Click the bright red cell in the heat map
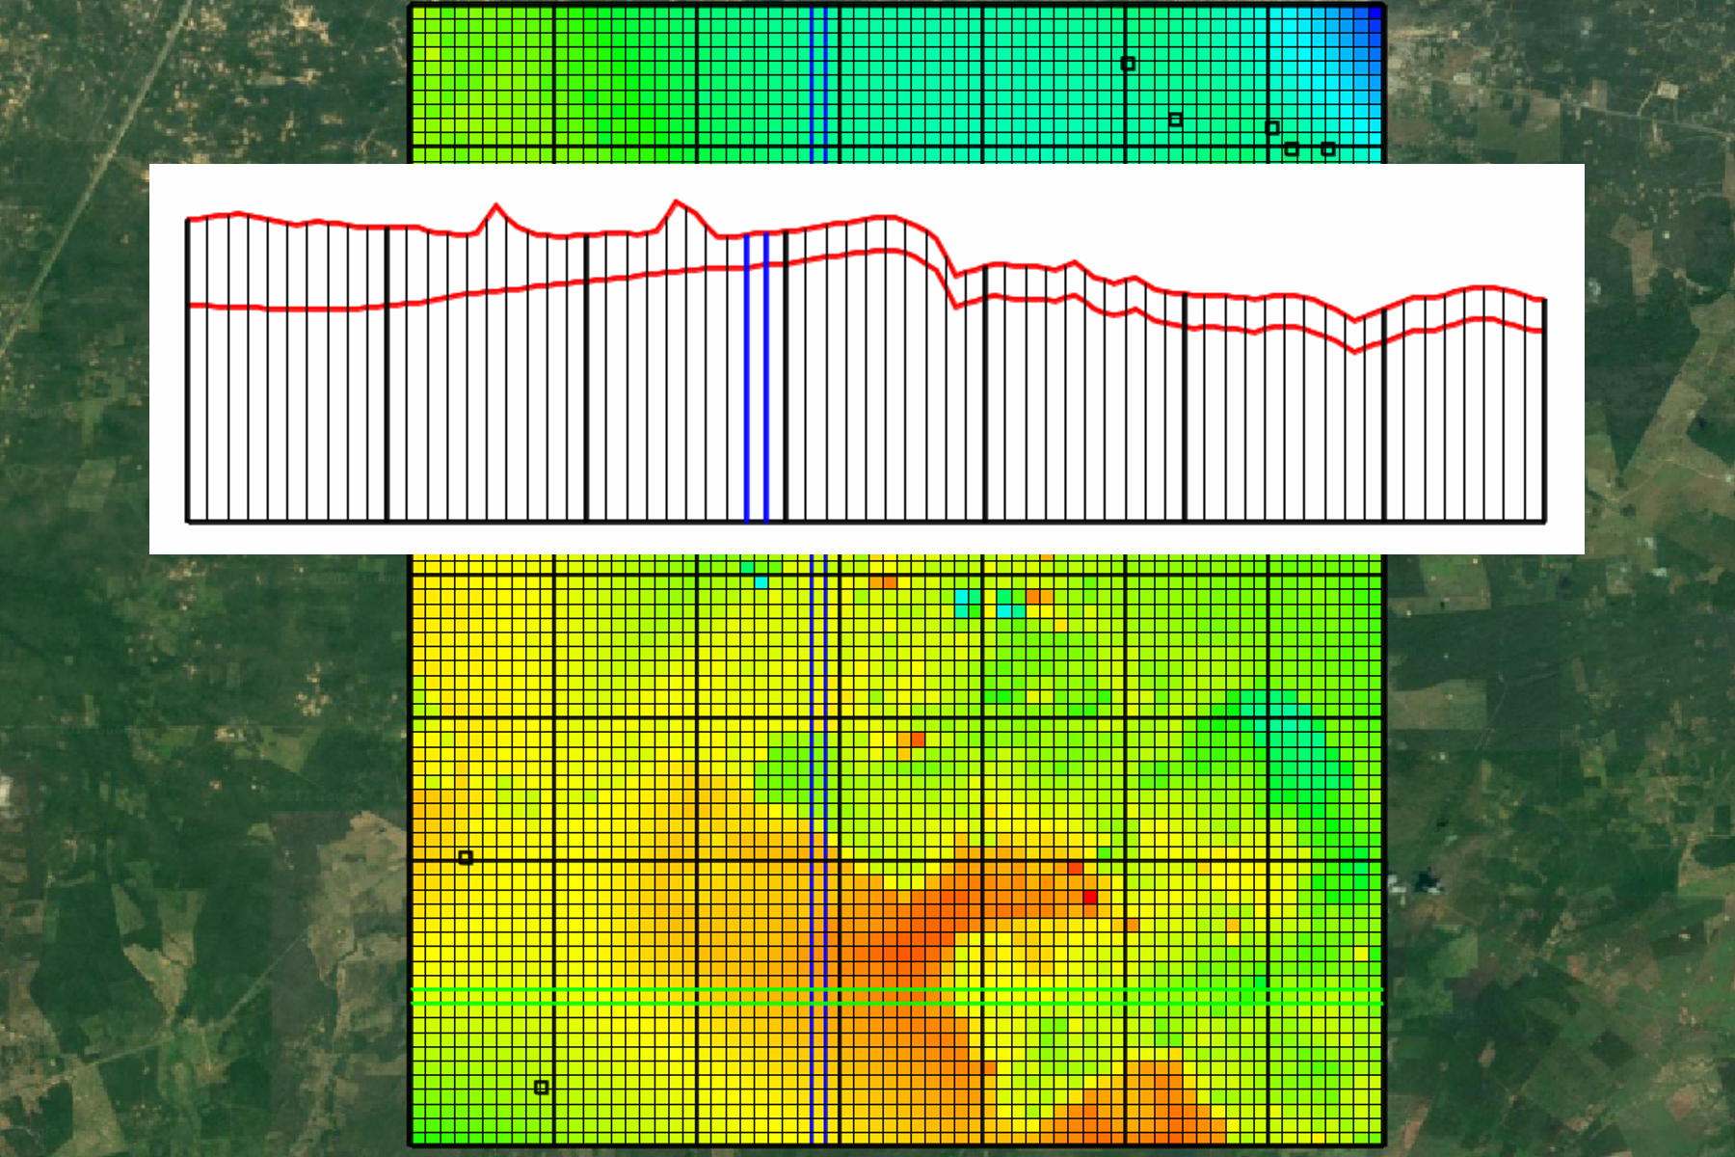1089,898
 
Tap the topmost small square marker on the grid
1128,64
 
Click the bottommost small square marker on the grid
542,1088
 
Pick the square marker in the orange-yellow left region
466,857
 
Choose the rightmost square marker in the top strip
1328,149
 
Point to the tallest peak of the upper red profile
677,202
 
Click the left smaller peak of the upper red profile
496,205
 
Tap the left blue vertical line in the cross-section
747,376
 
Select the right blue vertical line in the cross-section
766,376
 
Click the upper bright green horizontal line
896,990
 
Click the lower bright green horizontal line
896,1004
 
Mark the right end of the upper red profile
1544,300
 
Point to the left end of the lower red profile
189,306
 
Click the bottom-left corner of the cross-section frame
187,522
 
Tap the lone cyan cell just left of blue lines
761,582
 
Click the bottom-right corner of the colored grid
1381,1144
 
